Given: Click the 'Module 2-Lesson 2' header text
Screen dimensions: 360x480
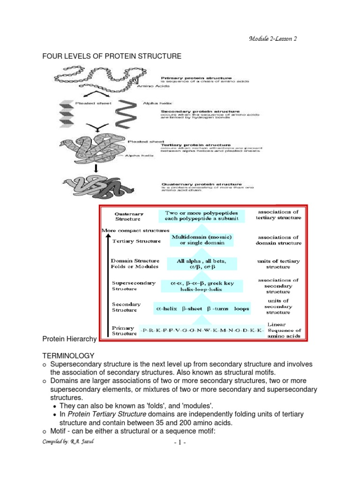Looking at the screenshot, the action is coord(272,38).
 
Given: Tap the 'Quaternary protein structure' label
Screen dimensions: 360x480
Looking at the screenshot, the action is coord(202,184).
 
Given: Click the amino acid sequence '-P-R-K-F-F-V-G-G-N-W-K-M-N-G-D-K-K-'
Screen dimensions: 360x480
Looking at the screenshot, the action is coord(202,331).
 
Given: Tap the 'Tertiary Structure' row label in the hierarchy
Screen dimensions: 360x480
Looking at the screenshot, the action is coord(135,241).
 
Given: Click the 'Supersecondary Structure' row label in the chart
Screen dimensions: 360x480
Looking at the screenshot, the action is coord(130,285).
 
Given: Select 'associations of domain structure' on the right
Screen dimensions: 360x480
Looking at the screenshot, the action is coord(278,240).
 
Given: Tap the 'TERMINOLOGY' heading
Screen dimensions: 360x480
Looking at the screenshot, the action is coord(68,356).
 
